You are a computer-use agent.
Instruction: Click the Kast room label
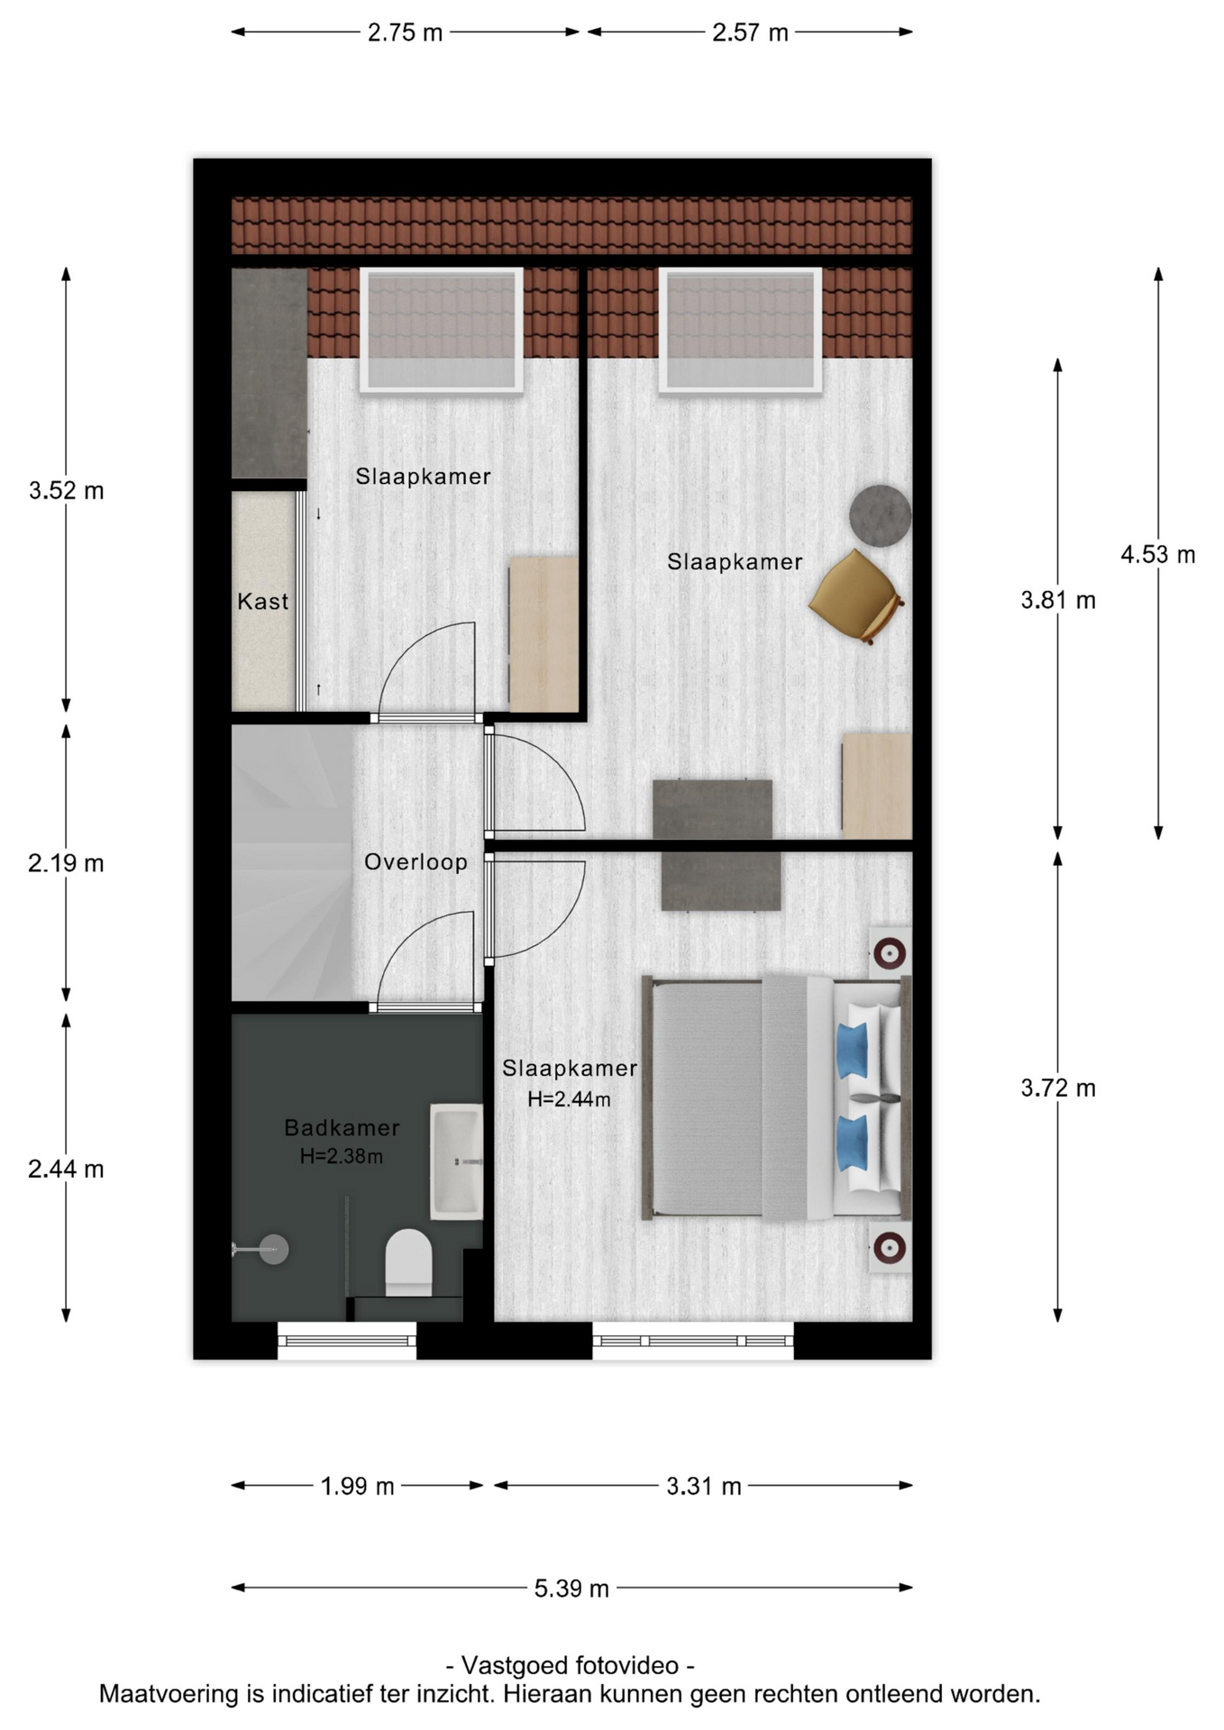(262, 601)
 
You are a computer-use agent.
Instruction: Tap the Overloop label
(416, 862)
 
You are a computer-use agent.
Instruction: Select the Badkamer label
(342, 1127)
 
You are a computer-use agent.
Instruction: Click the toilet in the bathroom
(409, 1261)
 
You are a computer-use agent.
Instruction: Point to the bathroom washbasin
(457, 1161)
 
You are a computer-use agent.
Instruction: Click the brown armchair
(856, 596)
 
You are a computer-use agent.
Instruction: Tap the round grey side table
(881, 515)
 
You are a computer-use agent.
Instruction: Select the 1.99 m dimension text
(358, 1486)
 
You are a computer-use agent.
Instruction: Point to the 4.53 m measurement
(1158, 554)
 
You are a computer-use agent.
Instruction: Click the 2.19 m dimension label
(66, 863)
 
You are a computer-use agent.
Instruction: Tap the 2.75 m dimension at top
(405, 32)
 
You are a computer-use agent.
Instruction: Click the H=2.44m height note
(569, 1099)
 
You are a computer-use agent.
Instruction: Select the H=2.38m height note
(342, 1156)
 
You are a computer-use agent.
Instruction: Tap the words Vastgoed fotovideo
(570, 1664)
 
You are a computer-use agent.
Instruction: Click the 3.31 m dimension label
(704, 1486)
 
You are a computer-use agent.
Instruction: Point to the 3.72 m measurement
(1058, 1088)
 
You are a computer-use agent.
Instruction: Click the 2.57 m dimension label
(750, 32)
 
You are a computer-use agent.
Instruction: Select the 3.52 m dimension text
(66, 491)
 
